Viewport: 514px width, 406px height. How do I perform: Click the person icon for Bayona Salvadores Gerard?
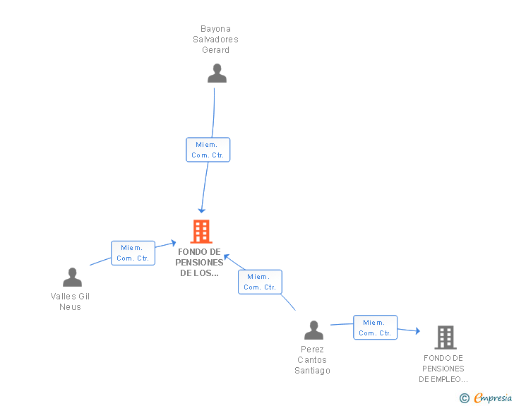pos(217,73)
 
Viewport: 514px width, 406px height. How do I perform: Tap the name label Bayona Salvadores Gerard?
pos(215,40)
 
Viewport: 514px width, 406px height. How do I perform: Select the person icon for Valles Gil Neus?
pos(72,277)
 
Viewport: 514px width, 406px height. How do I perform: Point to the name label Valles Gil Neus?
pos(70,301)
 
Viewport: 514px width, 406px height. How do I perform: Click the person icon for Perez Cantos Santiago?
pos(313,330)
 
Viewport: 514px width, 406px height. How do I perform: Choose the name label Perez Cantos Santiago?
pos(312,360)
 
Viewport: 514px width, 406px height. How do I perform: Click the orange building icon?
pos(201,231)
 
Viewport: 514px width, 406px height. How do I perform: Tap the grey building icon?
pos(445,338)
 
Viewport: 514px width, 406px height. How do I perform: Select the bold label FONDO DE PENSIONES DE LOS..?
pos(199,262)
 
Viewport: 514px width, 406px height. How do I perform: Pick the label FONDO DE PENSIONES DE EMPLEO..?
pos(443,369)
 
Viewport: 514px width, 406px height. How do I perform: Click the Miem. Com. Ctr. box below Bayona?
pos(208,150)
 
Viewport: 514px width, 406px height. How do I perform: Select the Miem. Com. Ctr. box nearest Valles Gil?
pos(133,253)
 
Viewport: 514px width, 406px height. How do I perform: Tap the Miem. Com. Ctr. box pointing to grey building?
pos(375,328)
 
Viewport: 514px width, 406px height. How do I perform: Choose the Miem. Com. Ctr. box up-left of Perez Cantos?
pos(260,282)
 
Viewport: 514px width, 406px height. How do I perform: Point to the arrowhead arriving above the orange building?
pos(202,210)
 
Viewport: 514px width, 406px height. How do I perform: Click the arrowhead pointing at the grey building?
pos(417,330)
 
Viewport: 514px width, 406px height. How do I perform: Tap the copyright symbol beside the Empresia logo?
pos(464,398)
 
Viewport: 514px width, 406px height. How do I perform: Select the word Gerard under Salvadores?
pos(215,50)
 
